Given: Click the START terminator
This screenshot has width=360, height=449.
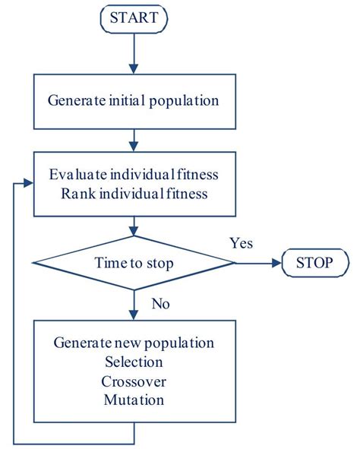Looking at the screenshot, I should tap(134, 17).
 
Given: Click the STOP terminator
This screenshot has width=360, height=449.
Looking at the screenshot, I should tap(315, 264).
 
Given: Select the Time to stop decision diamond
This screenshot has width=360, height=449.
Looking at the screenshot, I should tap(134, 264).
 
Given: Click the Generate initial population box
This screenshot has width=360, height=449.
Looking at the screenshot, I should tap(134, 100).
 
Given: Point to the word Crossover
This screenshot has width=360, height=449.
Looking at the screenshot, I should tap(134, 381).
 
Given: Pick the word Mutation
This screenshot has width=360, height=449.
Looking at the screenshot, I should tap(134, 400).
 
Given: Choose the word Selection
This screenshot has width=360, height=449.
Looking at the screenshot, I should tap(134, 362).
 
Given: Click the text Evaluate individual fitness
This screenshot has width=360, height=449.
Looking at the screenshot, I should tap(134, 174).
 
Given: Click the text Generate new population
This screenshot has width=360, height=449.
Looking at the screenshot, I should tap(134, 343).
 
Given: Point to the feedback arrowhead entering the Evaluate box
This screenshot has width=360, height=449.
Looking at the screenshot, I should tap(29, 183).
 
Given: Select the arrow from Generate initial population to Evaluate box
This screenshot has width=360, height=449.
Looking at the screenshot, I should tap(134, 138).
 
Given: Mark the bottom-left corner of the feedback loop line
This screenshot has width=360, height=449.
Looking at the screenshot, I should tap(15, 443).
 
